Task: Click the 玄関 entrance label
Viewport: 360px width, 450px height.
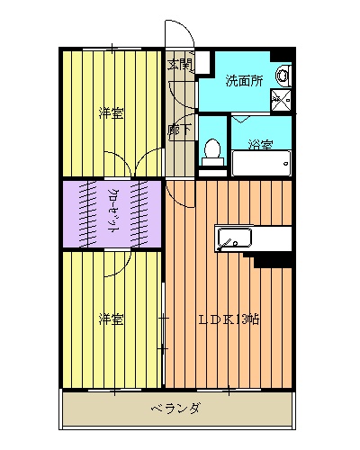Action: point(179,65)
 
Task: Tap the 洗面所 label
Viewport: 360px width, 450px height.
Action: point(244,81)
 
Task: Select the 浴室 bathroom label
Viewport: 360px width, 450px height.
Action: point(260,144)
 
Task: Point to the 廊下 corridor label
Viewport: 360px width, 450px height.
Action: point(179,130)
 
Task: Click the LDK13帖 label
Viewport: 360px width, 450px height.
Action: point(229,319)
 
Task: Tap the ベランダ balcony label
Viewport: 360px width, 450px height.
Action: point(175,408)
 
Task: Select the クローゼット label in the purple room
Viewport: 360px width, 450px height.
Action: point(113,211)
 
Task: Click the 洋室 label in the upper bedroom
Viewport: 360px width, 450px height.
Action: point(112,113)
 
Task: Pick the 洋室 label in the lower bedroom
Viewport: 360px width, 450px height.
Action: point(112,319)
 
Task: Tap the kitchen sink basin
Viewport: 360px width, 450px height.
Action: point(235,238)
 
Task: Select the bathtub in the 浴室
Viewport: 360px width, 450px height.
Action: point(262,163)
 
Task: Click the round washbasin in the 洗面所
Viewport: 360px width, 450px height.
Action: point(283,75)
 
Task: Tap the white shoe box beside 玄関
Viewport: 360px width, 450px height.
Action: point(202,62)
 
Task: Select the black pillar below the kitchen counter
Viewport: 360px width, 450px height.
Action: point(273,260)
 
